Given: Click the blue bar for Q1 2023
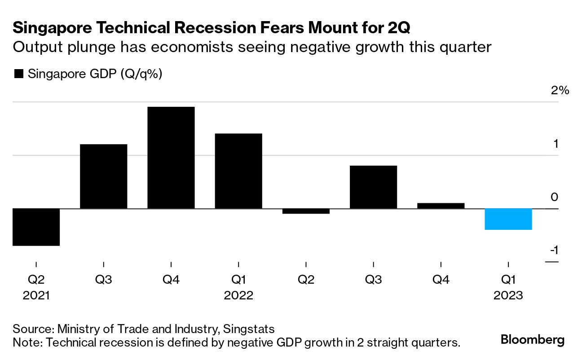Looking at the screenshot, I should tap(508, 219).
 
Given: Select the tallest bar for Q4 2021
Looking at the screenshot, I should tap(171, 158).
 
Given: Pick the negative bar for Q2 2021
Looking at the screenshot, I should tap(36, 227).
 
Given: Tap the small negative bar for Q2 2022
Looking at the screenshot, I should tap(306, 211).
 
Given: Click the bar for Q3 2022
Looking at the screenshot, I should tap(373, 187).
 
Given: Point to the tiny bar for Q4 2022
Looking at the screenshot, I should tap(441, 206).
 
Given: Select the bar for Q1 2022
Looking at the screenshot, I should tap(238, 171).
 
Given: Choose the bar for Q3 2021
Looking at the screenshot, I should tap(103, 176).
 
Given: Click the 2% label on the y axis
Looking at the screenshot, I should tap(560, 91).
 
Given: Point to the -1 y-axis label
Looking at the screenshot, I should tap(555, 250).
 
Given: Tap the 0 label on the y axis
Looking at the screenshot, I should tap(555, 197).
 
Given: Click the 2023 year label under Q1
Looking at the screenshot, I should tap(508, 296).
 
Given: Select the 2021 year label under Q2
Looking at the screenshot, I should tap(36, 296).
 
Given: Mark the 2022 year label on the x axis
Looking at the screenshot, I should tap(238, 296).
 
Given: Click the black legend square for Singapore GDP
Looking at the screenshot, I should tap(19, 74).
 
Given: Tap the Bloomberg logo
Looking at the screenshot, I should tap(533, 340).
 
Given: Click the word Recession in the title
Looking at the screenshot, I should tap(203, 28).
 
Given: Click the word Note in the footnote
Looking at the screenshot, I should tap(26, 343).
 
